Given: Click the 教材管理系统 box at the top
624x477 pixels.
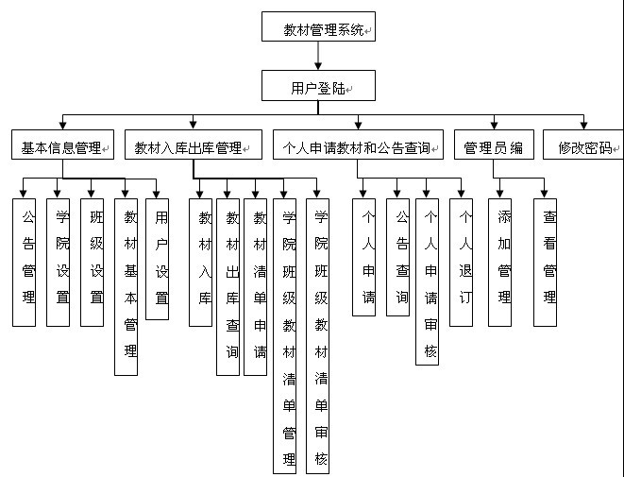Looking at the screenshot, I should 319,27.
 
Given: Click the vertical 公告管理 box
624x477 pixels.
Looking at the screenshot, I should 25,262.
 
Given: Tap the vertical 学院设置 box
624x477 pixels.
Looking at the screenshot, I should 59,262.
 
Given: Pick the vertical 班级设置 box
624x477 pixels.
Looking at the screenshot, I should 92,262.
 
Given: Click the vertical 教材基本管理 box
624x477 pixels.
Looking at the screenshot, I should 126,286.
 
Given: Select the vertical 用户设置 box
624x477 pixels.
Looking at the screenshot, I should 158,259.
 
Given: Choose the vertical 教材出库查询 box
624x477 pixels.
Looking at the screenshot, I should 228,286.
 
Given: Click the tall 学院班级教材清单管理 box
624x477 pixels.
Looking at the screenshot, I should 285,335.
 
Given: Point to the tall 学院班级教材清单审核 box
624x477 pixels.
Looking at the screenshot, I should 318,335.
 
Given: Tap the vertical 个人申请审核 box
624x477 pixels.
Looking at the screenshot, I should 428,281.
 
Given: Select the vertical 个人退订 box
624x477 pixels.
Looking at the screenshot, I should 461,262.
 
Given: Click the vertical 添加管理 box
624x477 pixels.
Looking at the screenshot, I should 500,262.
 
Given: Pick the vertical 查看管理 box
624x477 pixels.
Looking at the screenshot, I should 545,262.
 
